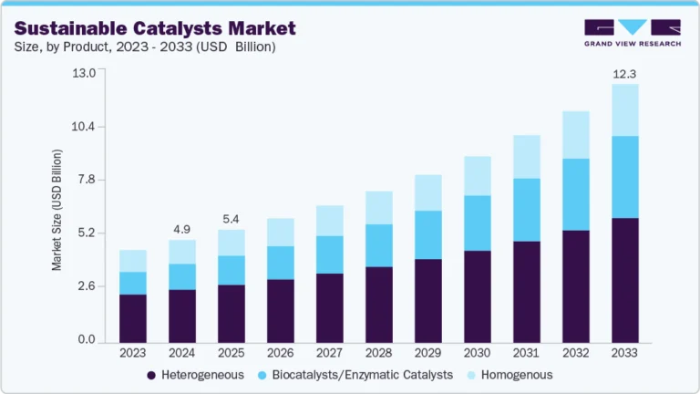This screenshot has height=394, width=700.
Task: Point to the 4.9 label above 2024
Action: pyautogui.click(x=182, y=229)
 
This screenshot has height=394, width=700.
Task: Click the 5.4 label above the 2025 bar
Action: pyautogui.click(x=232, y=219)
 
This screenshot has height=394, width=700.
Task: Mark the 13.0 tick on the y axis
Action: pyautogui.click(x=84, y=73)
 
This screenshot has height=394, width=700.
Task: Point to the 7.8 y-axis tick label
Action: pyautogui.click(x=86, y=180)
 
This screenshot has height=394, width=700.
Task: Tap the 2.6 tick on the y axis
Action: pyautogui.click(x=86, y=286)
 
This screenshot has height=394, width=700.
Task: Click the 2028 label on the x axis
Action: pyautogui.click(x=379, y=352)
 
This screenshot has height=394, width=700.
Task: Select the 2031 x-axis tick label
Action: pyautogui.click(x=527, y=352)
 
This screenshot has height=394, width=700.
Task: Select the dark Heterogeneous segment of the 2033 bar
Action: pyautogui.click(x=625, y=279)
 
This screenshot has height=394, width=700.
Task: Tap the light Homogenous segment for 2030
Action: pyautogui.click(x=478, y=176)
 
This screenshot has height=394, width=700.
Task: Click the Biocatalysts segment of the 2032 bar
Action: pyautogui.click(x=576, y=194)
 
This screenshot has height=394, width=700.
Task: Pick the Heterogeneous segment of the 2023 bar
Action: pyautogui.click(x=133, y=316)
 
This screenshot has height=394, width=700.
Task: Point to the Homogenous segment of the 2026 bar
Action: pyautogui.click(x=281, y=233)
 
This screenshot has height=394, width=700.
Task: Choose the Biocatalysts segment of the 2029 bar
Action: pyautogui.click(x=428, y=234)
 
